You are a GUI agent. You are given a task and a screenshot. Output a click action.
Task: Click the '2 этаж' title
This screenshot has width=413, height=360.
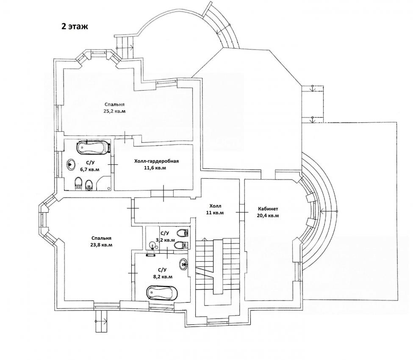[x=75, y=26]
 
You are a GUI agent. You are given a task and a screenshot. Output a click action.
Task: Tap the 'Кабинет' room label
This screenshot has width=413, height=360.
[x=268, y=209]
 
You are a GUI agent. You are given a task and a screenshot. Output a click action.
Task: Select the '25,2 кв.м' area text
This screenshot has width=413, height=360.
[x=114, y=111]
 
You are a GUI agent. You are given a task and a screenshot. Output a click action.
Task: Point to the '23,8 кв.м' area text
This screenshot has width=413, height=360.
[x=101, y=245]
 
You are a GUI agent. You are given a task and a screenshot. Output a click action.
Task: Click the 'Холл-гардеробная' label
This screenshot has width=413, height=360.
[x=156, y=161]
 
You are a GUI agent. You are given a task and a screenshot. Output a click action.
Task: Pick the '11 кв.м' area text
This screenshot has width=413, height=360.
[x=215, y=213]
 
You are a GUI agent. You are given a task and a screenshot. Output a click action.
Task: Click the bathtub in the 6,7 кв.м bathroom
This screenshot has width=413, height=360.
[x=93, y=147]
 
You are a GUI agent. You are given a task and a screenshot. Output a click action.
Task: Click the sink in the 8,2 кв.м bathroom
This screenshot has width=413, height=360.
[x=183, y=263]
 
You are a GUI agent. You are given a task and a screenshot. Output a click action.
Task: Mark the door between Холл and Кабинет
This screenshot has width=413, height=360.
[x=242, y=212]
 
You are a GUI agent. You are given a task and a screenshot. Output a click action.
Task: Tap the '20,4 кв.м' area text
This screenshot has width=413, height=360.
[x=268, y=216]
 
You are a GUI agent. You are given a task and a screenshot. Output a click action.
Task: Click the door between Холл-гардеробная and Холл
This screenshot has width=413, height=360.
[x=164, y=194]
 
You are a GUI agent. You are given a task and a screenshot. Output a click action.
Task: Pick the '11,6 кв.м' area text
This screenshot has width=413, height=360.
[x=155, y=168]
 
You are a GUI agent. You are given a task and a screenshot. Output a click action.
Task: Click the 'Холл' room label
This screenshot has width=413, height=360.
[x=215, y=206]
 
